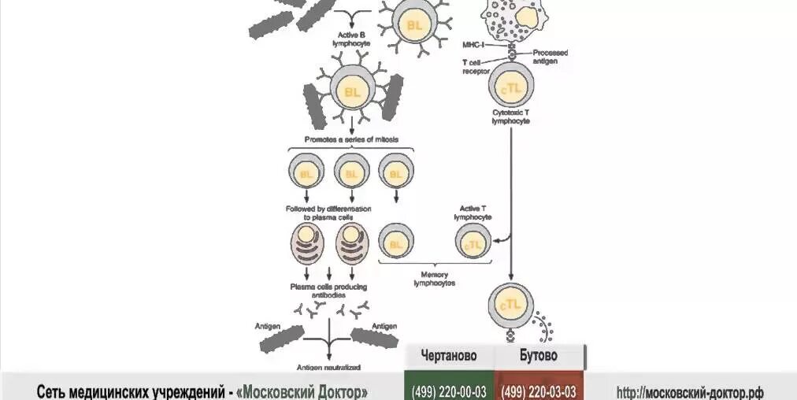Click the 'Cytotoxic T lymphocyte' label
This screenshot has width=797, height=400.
pyautogui.click(x=510, y=117)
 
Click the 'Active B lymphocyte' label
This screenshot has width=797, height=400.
pyautogui.click(x=350, y=39)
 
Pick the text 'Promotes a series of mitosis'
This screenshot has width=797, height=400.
pyautogui.click(x=350, y=139)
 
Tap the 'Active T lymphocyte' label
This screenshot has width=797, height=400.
pyautogui.click(x=473, y=213)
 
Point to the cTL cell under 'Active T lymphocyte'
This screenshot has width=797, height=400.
pyautogui.click(x=473, y=243)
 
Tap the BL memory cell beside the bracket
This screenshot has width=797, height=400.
pyautogui.click(x=396, y=243)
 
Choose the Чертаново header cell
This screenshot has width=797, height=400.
pyautogui.click(x=448, y=356)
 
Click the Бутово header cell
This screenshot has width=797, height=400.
pyautogui.click(x=539, y=356)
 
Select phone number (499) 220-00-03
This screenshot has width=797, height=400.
pyautogui.click(x=448, y=391)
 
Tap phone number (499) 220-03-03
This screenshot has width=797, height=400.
pyautogui.click(x=539, y=391)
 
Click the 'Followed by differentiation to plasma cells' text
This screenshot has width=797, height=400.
pyautogui.click(x=328, y=213)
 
